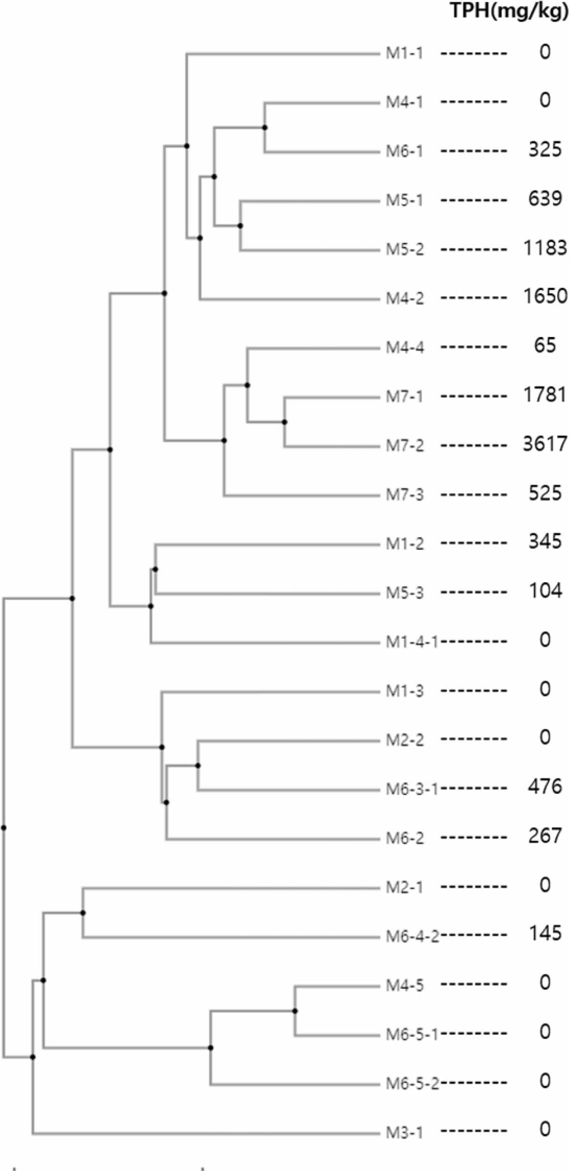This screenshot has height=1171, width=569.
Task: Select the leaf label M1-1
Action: pyautogui.click(x=404, y=53)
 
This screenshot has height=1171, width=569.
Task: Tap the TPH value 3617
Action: pyautogui.click(x=545, y=444)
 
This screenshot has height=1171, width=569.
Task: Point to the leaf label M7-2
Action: pyautogui.click(x=405, y=445)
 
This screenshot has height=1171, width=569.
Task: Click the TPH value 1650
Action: pyautogui.click(x=545, y=297)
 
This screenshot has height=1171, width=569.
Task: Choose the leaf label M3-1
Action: pyautogui.click(x=404, y=1131)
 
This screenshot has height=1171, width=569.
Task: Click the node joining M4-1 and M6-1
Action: pyautogui.click(x=265, y=127)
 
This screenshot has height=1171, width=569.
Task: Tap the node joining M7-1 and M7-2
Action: pyautogui.click(x=284, y=422)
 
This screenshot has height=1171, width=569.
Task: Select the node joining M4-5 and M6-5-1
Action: pyautogui.click(x=295, y=1011)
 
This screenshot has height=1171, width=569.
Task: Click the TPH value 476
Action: pyautogui.click(x=545, y=787)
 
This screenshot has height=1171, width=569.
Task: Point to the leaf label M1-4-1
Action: pyautogui.click(x=412, y=642)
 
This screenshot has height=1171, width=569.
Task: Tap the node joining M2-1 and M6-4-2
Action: pyautogui.click(x=83, y=913)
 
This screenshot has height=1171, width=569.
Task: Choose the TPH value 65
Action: pyautogui.click(x=545, y=346)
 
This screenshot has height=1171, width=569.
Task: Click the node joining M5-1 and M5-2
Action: pyautogui.click(x=240, y=226)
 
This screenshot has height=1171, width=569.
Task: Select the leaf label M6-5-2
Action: pyautogui.click(x=412, y=1083)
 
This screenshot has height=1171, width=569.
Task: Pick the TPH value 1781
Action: pyautogui.click(x=545, y=395)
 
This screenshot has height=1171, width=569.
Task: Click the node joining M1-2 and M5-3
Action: pyautogui.click(x=155, y=569)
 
